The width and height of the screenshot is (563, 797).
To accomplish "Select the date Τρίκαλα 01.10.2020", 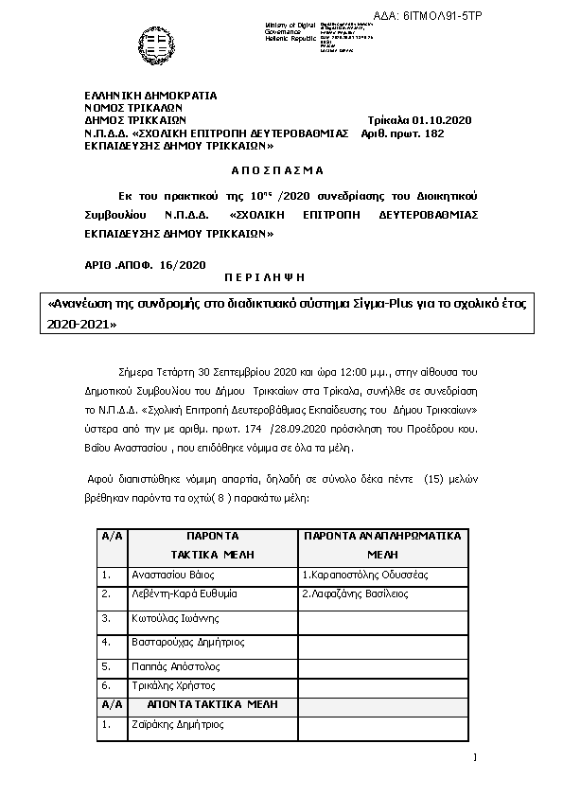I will pos(418,120).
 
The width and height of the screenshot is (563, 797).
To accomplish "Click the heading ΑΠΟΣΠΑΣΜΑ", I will pos(277,170).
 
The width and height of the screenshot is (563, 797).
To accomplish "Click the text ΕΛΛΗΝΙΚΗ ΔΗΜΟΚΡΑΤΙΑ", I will pos(150,95).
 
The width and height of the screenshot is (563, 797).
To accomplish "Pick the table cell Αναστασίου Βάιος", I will pos(169,575).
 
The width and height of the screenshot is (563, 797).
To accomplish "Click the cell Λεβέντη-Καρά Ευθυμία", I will pos(184,595).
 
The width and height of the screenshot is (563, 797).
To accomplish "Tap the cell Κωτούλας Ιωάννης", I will pos(175,618).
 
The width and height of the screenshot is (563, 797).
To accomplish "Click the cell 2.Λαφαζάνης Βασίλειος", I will pos(355,595).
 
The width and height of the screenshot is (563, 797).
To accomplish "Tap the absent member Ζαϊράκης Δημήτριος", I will pos(177,725).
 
